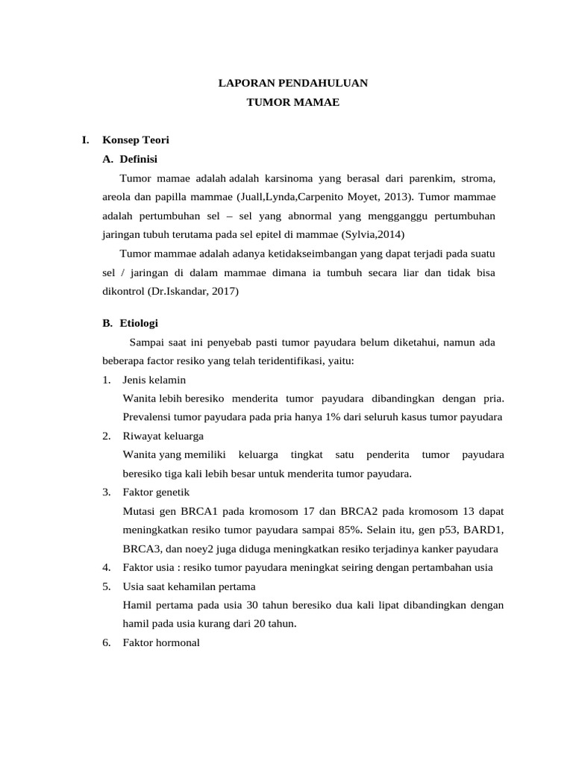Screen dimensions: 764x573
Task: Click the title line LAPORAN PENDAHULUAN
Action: click(292, 84)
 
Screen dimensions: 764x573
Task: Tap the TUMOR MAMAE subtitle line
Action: click(292, 103)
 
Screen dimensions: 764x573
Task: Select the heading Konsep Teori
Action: click(136, 140)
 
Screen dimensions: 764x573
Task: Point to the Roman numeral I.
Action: click(86, 140)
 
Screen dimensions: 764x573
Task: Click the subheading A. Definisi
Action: click(130, 159)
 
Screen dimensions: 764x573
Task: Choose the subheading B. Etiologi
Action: click(130, 323)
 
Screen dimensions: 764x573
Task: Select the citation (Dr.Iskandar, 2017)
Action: click(193, 292)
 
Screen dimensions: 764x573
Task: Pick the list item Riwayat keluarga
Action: click(163, 436)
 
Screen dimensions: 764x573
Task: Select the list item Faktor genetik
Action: click(156, 492)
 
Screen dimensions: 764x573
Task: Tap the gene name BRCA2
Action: click(362, 511)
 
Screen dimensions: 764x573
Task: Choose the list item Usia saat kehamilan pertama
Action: click(189, 586)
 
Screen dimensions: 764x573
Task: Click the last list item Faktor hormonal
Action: click(161, 642)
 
